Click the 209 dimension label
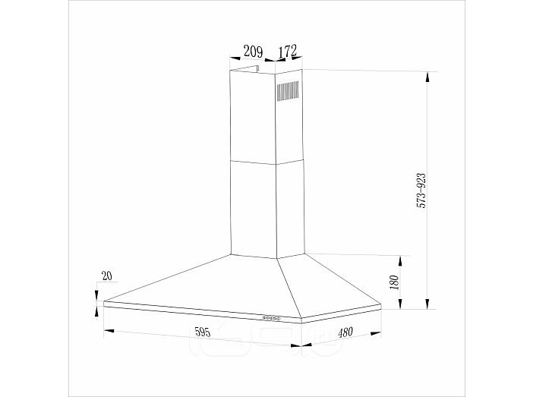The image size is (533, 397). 254,52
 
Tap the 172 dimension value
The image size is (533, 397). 288,51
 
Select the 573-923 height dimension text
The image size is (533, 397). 421,191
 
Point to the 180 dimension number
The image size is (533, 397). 394,282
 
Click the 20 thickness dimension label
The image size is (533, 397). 107,276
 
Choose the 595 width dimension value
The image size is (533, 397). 203,332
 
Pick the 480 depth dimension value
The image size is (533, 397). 345,332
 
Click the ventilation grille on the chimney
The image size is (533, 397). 288,91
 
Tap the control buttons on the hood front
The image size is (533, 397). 271,318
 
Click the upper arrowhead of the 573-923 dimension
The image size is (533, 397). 427,77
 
